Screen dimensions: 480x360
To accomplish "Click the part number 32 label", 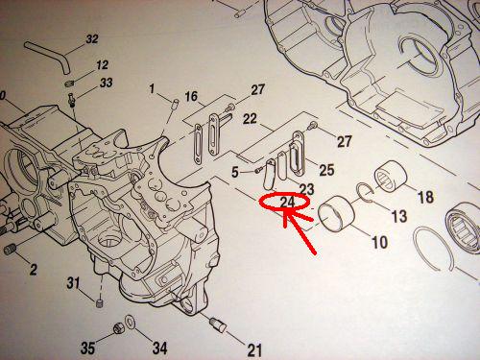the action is click(x=92, y=39).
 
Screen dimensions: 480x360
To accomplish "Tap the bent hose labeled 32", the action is click(x=48, y=56).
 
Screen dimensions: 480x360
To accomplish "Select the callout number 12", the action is click(x=102, y=65).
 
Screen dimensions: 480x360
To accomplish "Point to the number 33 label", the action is click(x=106, y=83).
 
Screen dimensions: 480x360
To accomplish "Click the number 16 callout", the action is click(x=191, y=96).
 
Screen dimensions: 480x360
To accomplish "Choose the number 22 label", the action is click(x=250, y=119).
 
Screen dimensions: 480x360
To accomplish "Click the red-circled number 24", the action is click(x=287, y=203).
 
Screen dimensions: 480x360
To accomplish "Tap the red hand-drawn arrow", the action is click(x=300, y=232).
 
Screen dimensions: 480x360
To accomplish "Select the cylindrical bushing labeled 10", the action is click(x=337, y=213).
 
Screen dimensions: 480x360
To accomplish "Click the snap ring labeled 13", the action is click(x=367, y=193).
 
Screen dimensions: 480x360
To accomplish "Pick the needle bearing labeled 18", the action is click(x=391, y=177).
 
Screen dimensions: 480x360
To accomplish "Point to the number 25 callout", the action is click(x=326, y=170).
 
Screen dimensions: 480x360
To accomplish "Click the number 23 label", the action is click(x=306, y=189).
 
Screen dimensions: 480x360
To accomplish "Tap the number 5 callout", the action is click(x=235, y=173).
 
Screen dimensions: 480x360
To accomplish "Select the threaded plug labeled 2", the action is click(x=11, y=249).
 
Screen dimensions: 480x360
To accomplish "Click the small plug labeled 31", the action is click(x=100, y=302).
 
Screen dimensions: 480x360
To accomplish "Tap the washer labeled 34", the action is click(x=131, y=322).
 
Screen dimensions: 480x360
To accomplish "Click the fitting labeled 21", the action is click(x=218, y=324).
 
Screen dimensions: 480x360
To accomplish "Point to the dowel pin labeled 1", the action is click(x=175, y=104).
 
